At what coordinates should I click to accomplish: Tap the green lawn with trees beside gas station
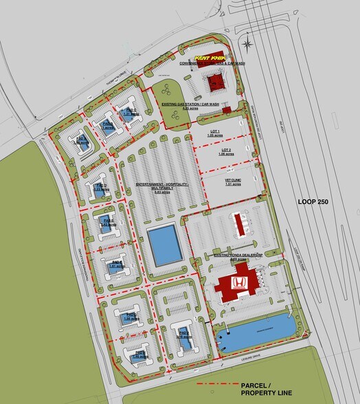[166, 93]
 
